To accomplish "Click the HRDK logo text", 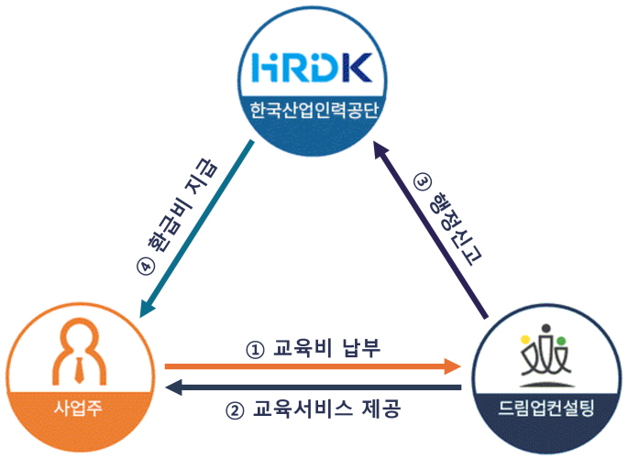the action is pyautogui.click(x=312, y=68).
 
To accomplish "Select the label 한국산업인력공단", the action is pyautogui.click(x=314, y=110).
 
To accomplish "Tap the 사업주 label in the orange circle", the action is pyautogui.click(x=78, y=408).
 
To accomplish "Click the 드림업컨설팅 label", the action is pyautogui.click(x=545, y=408).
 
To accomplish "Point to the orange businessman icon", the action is pyautogui.click(x=79, y=351).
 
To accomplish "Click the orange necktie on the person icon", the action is pyautogui.click(x=79, y=369).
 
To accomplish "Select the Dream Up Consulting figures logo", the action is pyautogui.click(x=545, y=355).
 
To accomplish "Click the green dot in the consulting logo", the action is pyautogui.click(x=561, y=341).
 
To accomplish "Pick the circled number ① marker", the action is pyautogui.click(x=255, y=350).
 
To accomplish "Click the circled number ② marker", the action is pyautogui.click(x=236, y=410).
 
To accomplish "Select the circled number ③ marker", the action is pyautogui.click(x=423, y=182).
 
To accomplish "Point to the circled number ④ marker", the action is pyautogui.click(x=146, y=267).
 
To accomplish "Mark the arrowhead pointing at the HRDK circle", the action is pyautogui.click(x=381, y=149).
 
